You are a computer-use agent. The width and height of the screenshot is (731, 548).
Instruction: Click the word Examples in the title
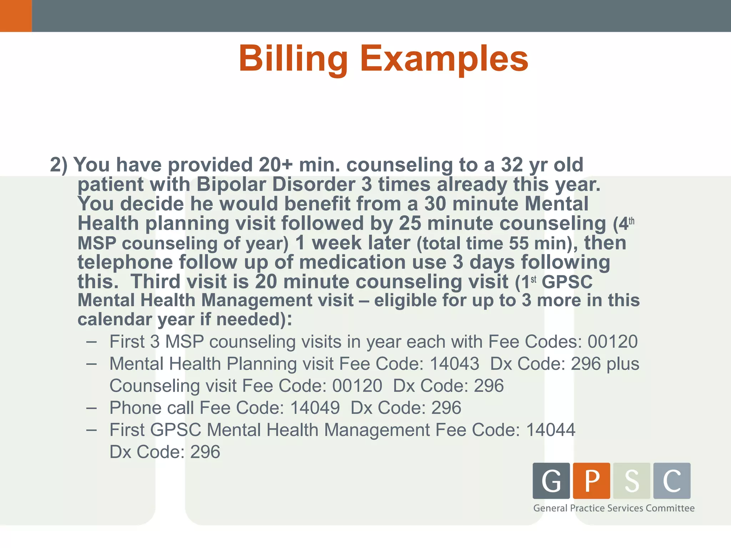pos(444,59)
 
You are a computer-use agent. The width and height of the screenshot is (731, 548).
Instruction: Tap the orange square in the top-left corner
pos(16,16)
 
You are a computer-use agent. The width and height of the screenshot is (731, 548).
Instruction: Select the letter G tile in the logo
pos(551,481)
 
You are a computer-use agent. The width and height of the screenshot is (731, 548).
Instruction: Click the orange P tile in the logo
pos(591,481)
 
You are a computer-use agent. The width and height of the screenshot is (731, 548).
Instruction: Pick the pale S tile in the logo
pos(632,481)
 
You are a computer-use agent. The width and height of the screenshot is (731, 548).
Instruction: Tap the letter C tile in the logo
pos(672,481)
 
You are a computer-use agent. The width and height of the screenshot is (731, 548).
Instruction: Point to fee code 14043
pos(454,364)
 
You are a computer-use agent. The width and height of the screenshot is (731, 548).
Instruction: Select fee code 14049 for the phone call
pos(315,408)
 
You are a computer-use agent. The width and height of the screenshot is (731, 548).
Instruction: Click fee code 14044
pos(551,430)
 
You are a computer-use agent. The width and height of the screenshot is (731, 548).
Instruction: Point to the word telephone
pos(125,262)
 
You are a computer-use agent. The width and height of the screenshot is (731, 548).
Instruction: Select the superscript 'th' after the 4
pos(631,222)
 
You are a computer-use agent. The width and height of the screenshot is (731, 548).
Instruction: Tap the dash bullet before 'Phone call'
pos(91,408)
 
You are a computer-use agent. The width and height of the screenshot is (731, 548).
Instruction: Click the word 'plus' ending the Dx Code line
pos(623,364)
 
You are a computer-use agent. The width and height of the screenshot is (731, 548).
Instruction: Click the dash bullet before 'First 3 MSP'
pos(91,342)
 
